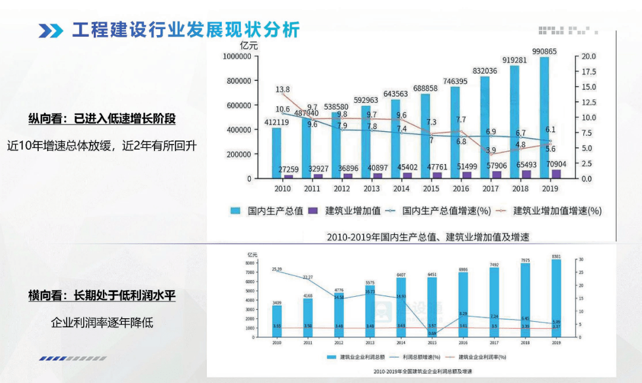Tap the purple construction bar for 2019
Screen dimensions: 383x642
click(x=556, y=174)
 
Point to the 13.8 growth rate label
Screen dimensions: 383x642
click(x=283, y=89)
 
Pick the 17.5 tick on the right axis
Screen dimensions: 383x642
click(x=589, y=71)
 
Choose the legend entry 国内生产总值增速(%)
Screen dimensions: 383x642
click(x=438, y=211)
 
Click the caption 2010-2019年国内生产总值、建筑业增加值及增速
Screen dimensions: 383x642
click(x=428, y=237)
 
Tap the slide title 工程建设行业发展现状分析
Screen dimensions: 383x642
click(x=186, y=30)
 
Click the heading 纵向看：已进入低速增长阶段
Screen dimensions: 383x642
click(x=102, y=118)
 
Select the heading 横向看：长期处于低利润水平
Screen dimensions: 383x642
click(x=102, y=295)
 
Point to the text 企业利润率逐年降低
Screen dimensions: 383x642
click(x=102, y=322)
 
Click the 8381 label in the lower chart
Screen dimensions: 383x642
click(x=556, y=256)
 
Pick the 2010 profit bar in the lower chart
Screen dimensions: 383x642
click(x=277, y=321)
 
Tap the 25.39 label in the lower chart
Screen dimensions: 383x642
click(x=277, y=269)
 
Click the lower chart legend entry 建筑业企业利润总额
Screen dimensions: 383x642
click(x=359, y=357)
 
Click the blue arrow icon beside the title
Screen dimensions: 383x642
click(x=51, y=30)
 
